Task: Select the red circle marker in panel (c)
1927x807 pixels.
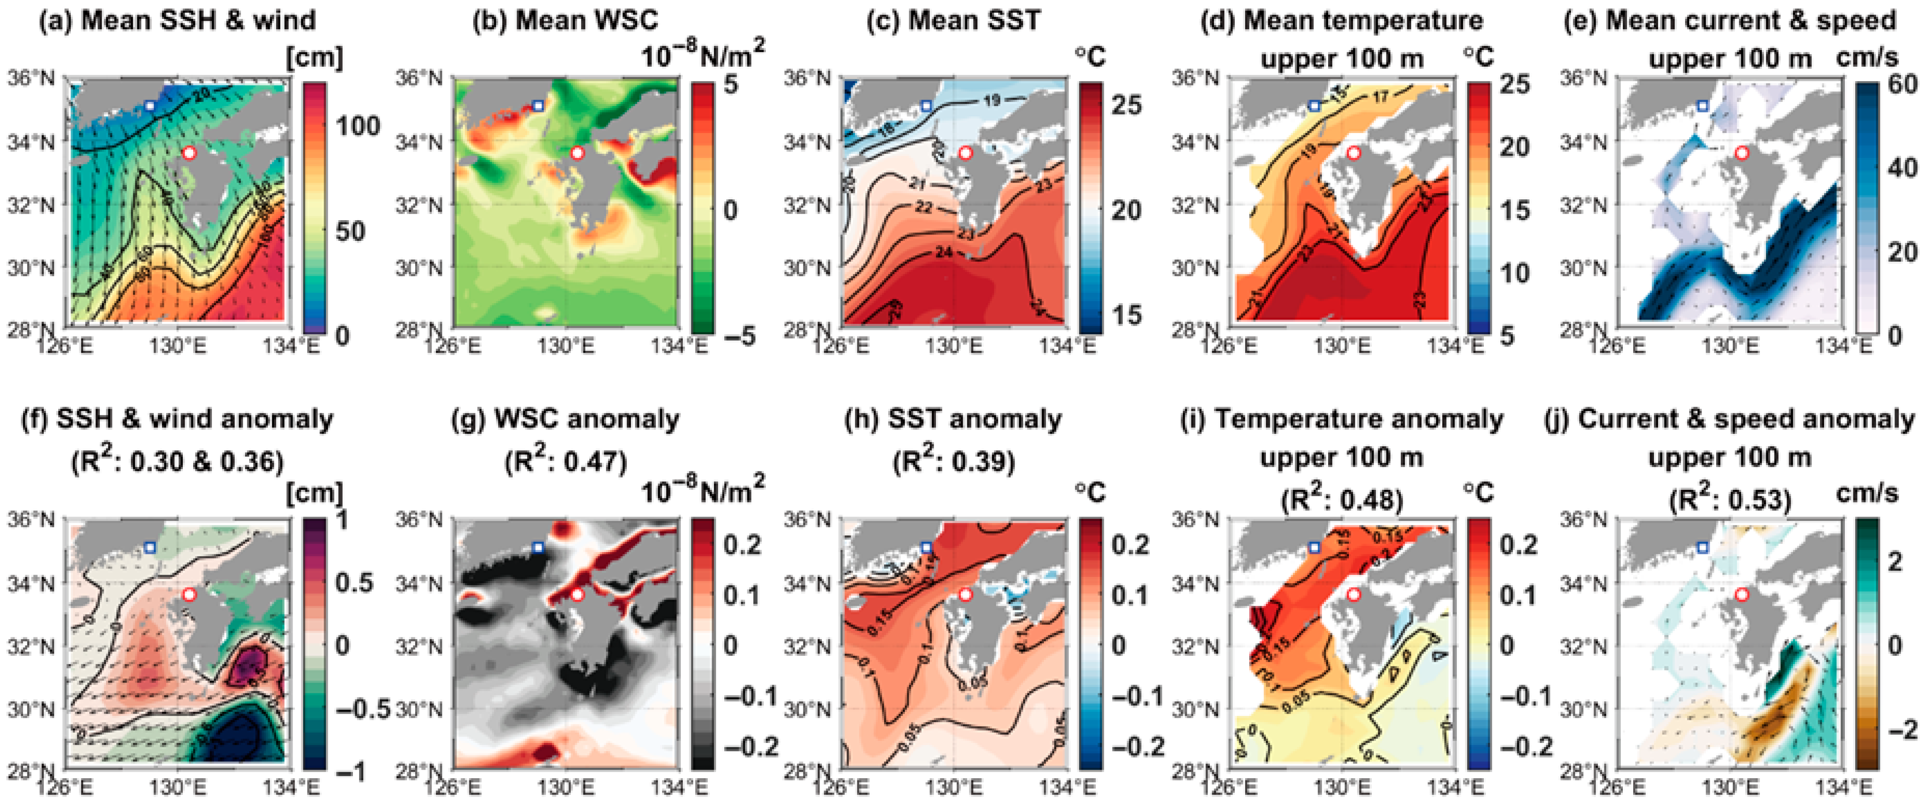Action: tap(965, 152)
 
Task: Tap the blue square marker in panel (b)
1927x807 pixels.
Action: tap(537, 106)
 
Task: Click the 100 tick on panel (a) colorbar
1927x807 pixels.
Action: tap(357, 126)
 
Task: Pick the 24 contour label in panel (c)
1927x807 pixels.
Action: tap(944, 253)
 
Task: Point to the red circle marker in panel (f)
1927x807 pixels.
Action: tap(189, 594)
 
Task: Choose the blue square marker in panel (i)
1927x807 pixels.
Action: tap(1314, 548)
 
